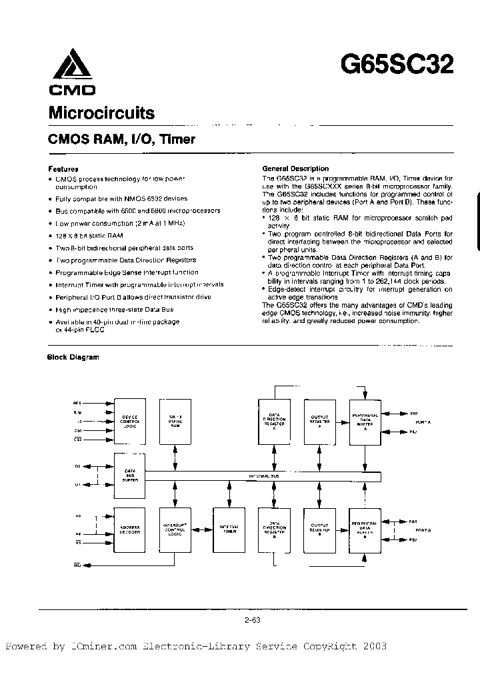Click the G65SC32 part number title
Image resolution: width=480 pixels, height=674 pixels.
point(397,65)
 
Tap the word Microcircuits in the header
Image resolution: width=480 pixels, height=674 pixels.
point(101,113)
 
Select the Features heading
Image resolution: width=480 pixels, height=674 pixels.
point(63,169)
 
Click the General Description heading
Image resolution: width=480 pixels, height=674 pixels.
point(295,169)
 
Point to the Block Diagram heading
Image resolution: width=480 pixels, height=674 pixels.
point(73,357)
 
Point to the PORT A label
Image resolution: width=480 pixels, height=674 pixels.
point(423,422)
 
